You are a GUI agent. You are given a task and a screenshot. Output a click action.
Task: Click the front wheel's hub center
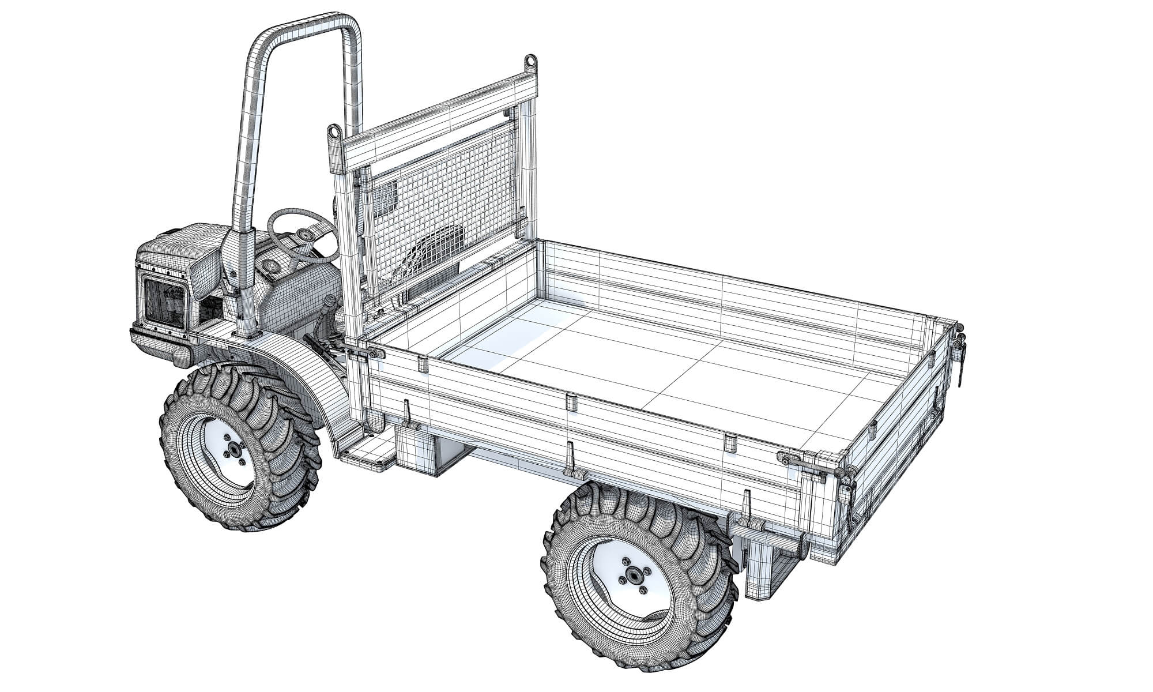[234, 450]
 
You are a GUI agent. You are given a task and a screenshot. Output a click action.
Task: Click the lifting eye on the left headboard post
[333, 133]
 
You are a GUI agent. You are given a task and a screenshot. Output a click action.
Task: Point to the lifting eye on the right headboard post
[529, 61]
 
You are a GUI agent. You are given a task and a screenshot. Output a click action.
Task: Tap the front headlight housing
[164, 302]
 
